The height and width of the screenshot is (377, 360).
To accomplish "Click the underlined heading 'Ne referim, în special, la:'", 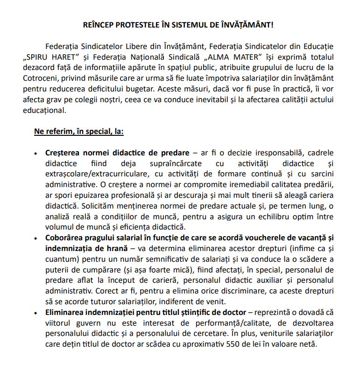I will (78, 132).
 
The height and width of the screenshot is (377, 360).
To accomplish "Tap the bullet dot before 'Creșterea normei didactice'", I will (35, 154).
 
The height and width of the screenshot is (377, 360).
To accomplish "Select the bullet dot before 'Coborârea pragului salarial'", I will (35, 238).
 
